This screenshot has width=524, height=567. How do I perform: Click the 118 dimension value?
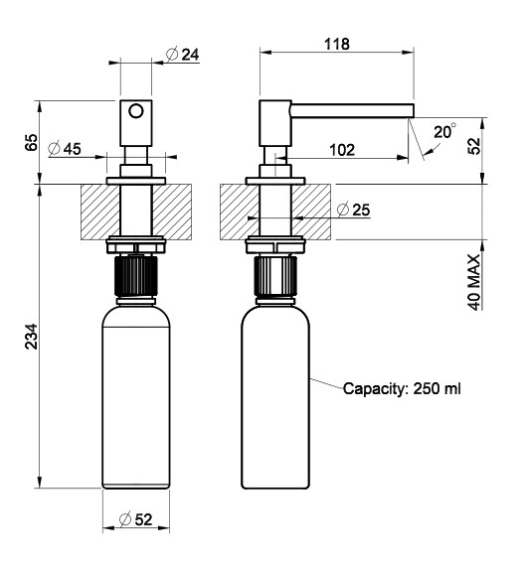[x=336, y=44]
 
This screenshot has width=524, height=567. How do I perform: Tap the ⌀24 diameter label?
[x=183, y=55]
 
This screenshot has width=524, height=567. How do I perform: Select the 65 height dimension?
[x=32, y=142]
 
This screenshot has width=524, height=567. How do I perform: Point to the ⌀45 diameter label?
[x=65, y=149]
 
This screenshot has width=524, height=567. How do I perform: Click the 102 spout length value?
[x=342, y=150]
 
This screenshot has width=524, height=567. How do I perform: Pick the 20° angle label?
[x=444, y=132]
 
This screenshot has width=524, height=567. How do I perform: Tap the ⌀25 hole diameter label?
[x=353, y=210]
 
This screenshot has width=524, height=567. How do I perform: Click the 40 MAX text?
[x=474, y=282]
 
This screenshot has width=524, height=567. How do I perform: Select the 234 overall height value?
[x=32, y=337]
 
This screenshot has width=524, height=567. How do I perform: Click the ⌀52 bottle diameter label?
[x=136, y=519]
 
